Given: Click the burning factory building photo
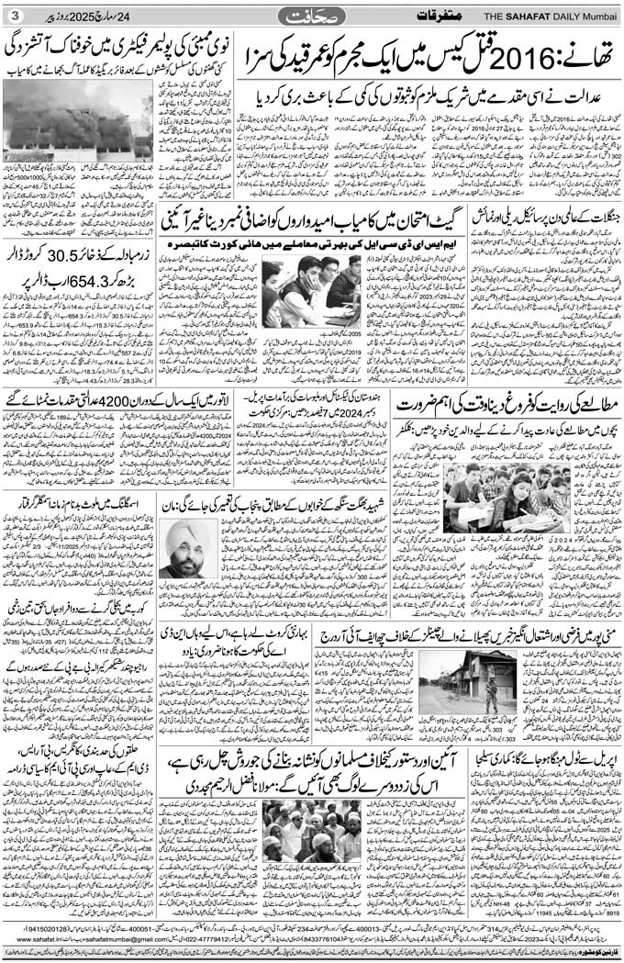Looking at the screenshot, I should coord(78,119).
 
